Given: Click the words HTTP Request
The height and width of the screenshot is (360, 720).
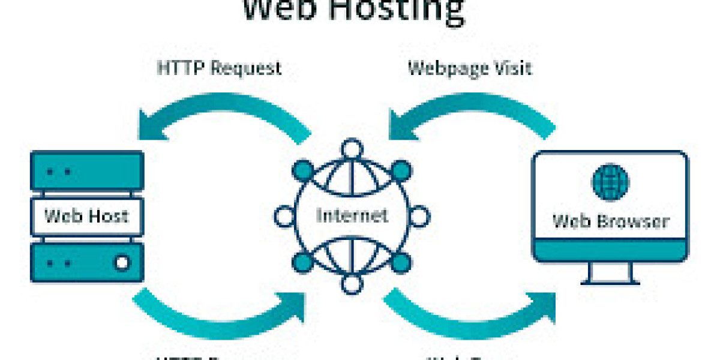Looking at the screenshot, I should [219, 68].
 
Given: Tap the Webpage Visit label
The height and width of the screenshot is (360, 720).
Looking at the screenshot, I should [470, 68].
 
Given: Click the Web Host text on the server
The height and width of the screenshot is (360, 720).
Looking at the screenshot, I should [87, 215].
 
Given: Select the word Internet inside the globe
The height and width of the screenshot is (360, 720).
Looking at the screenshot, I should [352, 214].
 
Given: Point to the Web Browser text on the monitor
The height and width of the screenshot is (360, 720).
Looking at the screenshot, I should [610, 221].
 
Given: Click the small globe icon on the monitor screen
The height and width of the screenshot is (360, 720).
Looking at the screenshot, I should [610, 182].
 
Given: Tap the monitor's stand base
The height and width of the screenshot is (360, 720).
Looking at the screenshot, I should [610, 280].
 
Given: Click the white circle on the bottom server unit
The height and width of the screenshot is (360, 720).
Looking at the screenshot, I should [122, 262].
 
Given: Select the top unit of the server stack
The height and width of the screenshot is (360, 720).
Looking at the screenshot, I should [87, 172].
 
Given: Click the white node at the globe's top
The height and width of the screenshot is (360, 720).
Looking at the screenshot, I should [352, 148].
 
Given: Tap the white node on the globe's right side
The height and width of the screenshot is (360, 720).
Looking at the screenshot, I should [419, 214].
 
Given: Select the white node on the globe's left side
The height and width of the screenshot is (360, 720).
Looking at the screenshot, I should [284, 214].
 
